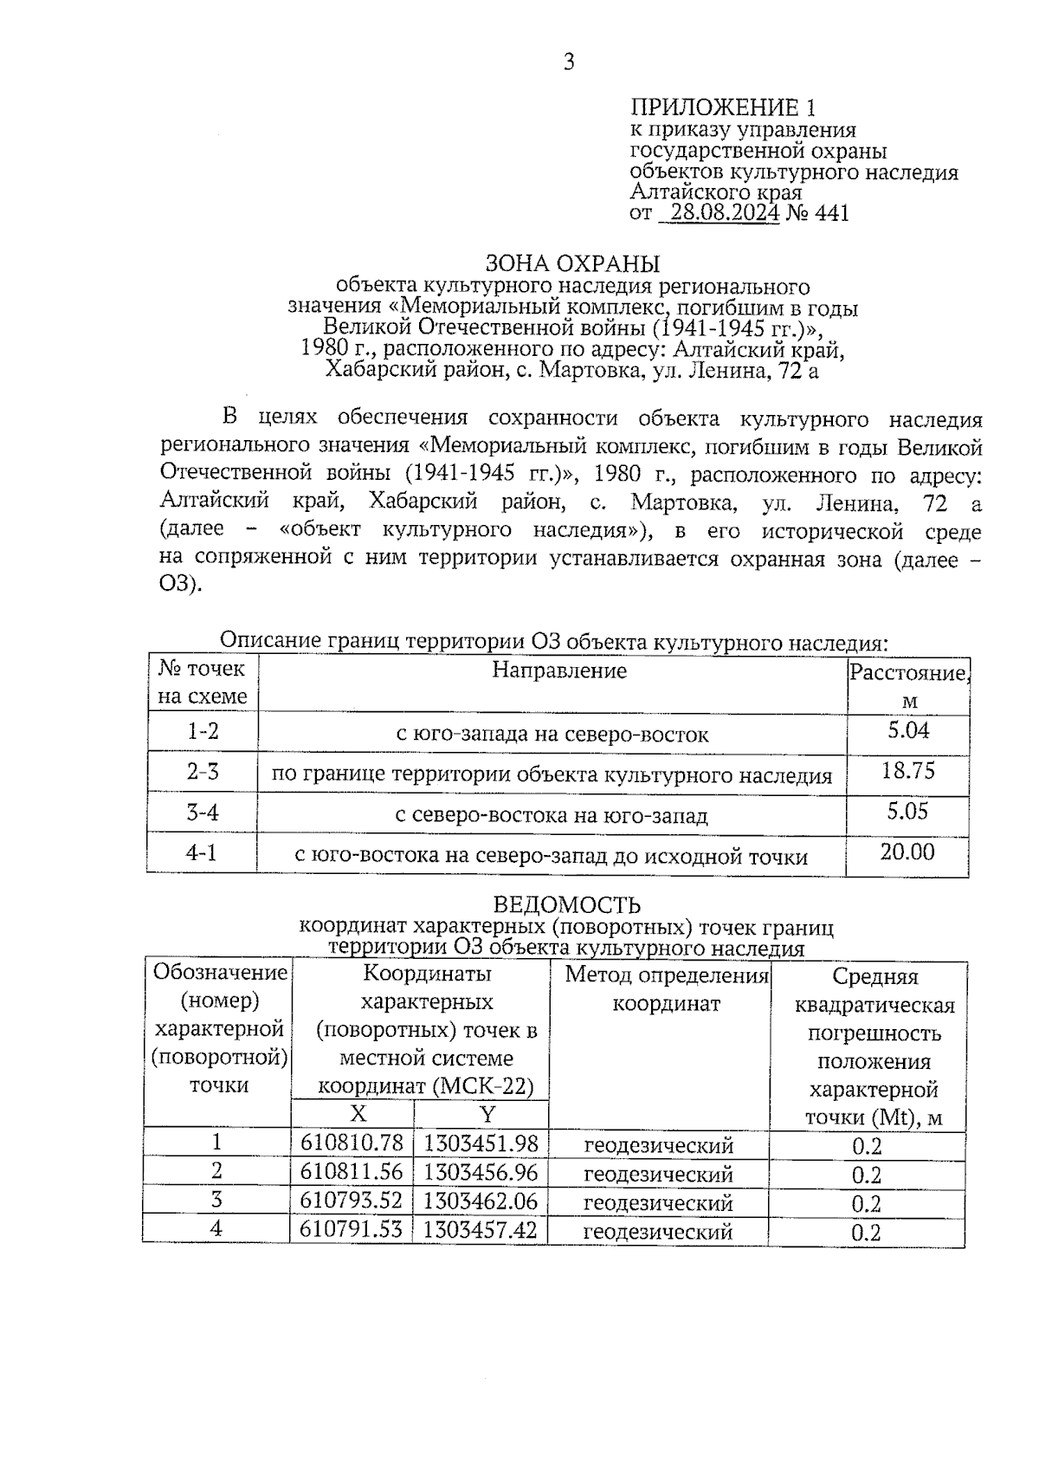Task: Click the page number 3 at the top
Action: tap(569, 62)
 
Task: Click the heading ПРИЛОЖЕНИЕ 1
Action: tap(722, 108)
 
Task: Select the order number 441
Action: tap(832, 213)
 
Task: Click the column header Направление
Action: tap(559, 670)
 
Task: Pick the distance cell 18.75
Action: tap(908, 770)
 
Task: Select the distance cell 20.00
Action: tap(907, 852)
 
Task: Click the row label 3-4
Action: tap(203, 813)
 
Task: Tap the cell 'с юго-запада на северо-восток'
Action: tap(552, 735)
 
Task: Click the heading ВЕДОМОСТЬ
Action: tap(567, 905)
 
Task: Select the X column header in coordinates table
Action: tap(358, 1114)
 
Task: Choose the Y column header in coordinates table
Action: tap(487, 1114)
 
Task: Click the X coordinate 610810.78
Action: tap(352, 1143)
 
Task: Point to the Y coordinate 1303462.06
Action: tap(481, 1201)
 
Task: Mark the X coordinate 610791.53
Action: tap(352, 1229)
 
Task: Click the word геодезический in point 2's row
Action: tap(659, 1175)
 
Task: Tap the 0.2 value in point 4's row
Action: tap(867, 1233)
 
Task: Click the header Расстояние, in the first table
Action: tap(908, 673)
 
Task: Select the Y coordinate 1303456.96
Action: tap(481, 1173)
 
